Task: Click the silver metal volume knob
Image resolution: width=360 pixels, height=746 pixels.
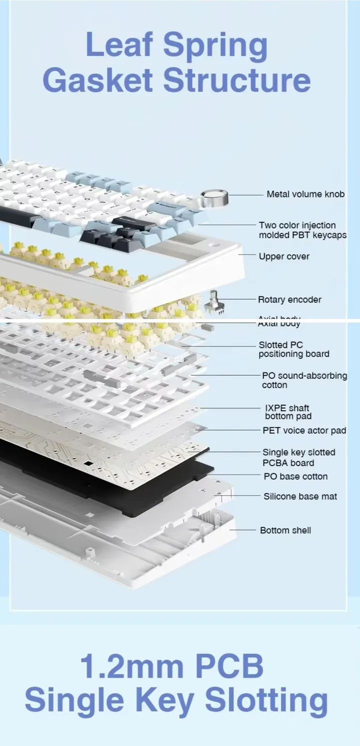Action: click(x=214, y=198)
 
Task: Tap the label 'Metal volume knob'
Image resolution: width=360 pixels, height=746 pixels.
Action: click(x=305, y=194)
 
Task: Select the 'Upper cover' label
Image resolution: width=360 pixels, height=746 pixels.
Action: click(x=283, y=256)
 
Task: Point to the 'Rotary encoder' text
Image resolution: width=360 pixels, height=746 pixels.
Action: click(x=289, y=300)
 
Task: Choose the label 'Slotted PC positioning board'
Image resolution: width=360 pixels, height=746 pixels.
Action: click(x=293, y=349)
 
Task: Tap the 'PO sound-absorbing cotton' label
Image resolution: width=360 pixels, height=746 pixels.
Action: click(x=304, y=380)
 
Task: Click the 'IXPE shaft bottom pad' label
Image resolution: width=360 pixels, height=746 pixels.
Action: click(x=287, y=412)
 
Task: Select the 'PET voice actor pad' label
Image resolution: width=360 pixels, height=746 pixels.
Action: click(x=304, y=430)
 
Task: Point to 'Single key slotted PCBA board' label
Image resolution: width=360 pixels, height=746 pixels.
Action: click(x=298, y=457)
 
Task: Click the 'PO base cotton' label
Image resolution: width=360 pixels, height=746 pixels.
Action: click(x=295, y=477)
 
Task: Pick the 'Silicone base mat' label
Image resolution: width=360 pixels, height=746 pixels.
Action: click(x=300, y=497)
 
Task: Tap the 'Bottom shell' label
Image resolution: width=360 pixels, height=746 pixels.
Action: click(x=285, y=530)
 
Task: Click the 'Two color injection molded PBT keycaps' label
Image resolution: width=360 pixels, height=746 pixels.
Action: click(x=302, y=230)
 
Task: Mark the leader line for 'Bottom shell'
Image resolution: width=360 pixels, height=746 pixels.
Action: click(x=243, y=530)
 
